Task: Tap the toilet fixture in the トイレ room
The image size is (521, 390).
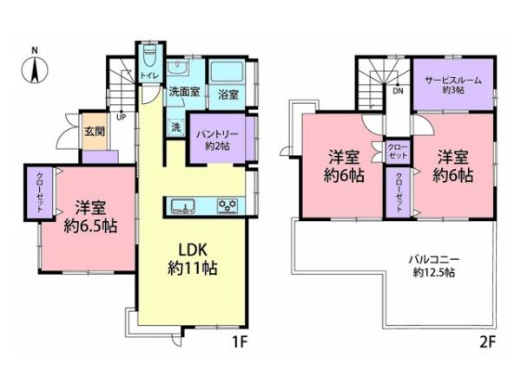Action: tap(148, 58)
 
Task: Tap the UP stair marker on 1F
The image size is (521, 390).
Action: tap(120, 118)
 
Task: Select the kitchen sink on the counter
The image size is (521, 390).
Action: tap(184, 205)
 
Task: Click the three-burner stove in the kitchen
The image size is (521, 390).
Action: tap(229, 205)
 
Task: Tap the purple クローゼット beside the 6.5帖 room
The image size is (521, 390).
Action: tap(40, 192)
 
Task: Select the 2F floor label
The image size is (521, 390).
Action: tap(486, 341)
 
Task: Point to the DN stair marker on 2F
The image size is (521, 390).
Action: tap(398, 89)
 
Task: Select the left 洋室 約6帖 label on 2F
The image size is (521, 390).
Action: tap(345, 166)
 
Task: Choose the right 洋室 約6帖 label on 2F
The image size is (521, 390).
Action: tap(454, 166)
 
